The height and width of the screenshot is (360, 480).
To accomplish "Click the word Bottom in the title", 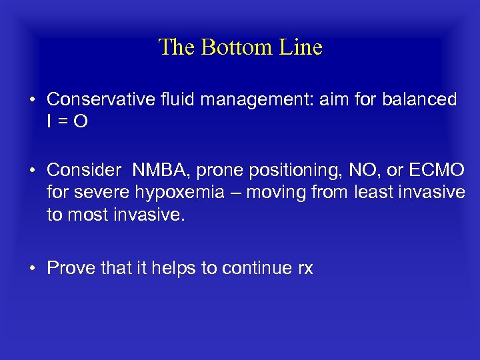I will [x=232, y=47].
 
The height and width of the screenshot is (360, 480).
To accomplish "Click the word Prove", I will [x=70, y=268].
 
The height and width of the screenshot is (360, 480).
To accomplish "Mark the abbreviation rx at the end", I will [x=304, y=268].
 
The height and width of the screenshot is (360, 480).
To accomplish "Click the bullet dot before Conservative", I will [x=33, y=100].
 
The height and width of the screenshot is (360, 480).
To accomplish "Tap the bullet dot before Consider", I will [x=33, y=171].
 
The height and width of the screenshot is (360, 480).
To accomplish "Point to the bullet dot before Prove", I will [x=33, y=269].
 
